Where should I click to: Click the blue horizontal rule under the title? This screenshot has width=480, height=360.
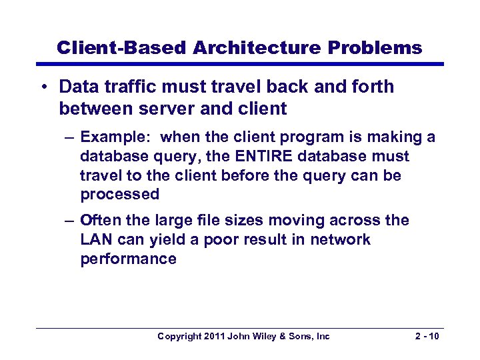240,64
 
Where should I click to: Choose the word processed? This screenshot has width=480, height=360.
120,195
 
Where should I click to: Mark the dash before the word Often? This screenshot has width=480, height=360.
71,221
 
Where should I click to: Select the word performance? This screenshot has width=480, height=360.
128,259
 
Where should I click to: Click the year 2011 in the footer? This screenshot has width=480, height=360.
213,337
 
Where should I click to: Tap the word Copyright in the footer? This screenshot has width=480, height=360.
179,337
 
